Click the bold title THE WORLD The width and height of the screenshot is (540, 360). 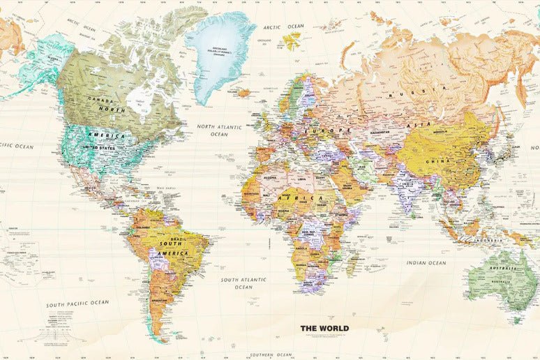[324, 328]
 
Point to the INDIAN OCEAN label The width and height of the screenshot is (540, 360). [426, 263]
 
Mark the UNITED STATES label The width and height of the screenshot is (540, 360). [100, 147]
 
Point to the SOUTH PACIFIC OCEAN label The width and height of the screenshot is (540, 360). [77, 304]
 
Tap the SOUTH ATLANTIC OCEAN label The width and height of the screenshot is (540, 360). [243, 283]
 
